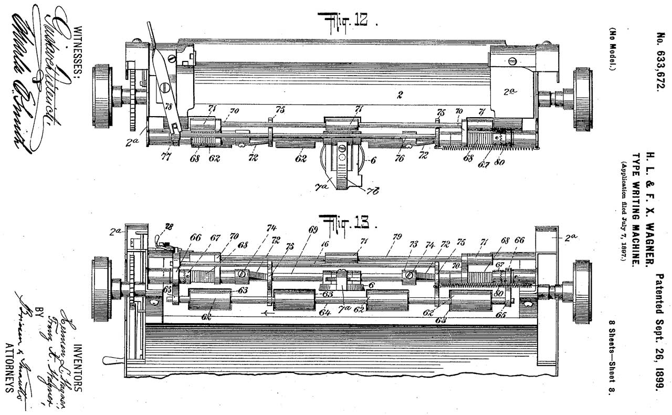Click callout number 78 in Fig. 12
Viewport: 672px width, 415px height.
168,106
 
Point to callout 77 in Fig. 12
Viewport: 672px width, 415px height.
166,155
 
